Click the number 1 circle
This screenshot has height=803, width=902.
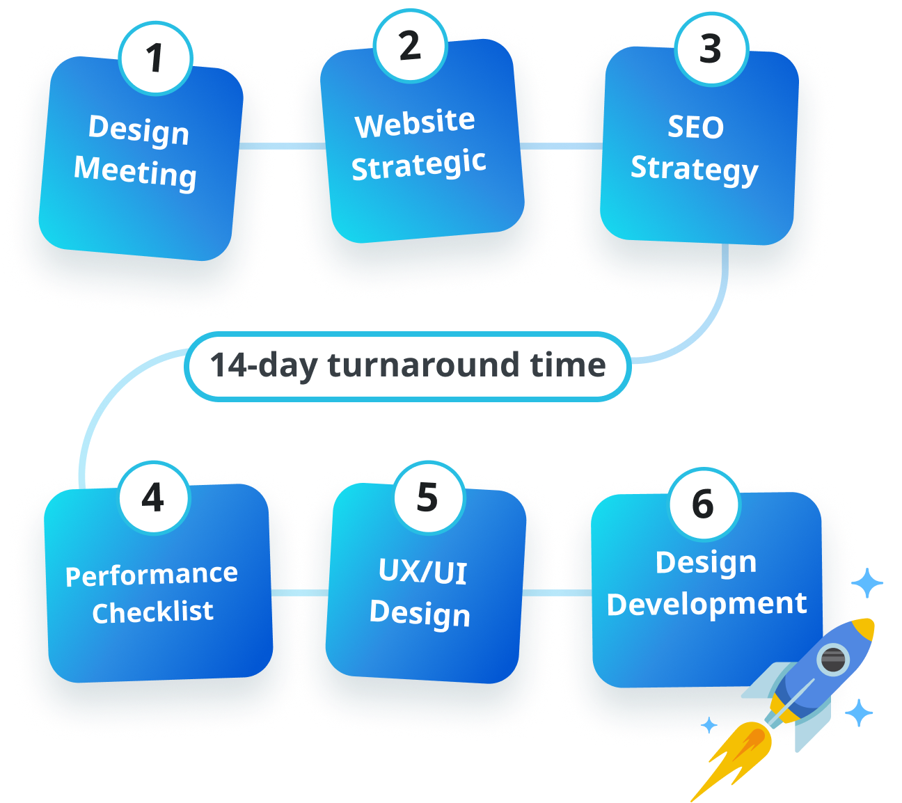[x=155, y=58]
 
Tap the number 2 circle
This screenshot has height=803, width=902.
[x=410, y=46]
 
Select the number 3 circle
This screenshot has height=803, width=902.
[x=711, y=49]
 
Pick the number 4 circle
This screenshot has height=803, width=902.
[x=153, y=498]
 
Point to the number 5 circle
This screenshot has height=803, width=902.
[x=427, y=498]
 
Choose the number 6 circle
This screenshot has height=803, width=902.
[x=704, y=504]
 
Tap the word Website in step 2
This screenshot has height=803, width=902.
[x=415, y=123]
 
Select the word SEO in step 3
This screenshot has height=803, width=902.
[x=695, y=127]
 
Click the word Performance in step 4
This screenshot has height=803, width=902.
[x=152, y=575]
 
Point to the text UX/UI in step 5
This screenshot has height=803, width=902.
[x=422, y=572]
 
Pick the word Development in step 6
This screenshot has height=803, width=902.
[x=706, y=604]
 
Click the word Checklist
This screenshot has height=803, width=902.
[x=152, y=612]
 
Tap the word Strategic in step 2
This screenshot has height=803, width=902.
[x=418, y=166]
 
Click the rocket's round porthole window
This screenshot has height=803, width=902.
[x=832, y=658]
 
